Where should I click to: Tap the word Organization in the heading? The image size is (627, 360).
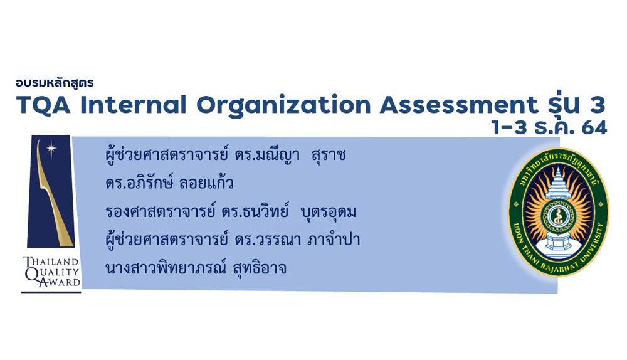(x=284, y=106)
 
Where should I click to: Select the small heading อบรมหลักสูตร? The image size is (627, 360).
(x=55, y=83)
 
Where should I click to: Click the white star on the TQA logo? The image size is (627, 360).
(x=51, y=149)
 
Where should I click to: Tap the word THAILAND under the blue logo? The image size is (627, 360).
(x=51, y=262)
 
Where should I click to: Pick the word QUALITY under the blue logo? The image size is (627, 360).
(x=52, y=272)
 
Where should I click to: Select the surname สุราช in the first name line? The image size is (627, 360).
(x=329, y=155)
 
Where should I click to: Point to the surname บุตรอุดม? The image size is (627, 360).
(x=328, y=212)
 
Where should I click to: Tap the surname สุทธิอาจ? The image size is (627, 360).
(x=260, y=268)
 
